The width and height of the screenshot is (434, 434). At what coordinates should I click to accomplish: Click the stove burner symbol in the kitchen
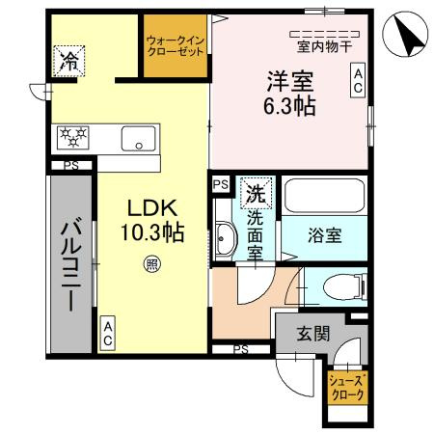pyautogui.click(x=74, y=137)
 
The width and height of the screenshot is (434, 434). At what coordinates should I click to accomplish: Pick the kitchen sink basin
pyautogui.click(x=141, y=138)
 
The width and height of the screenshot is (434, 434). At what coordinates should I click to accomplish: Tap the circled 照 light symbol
pyautogui.click(x=151, y=261)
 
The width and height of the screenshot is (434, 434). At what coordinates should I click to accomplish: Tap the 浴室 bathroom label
pyautogui.click(x=322, y=234)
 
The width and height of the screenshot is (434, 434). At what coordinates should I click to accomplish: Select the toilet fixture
pyautogui.click(x=332, y=285)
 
